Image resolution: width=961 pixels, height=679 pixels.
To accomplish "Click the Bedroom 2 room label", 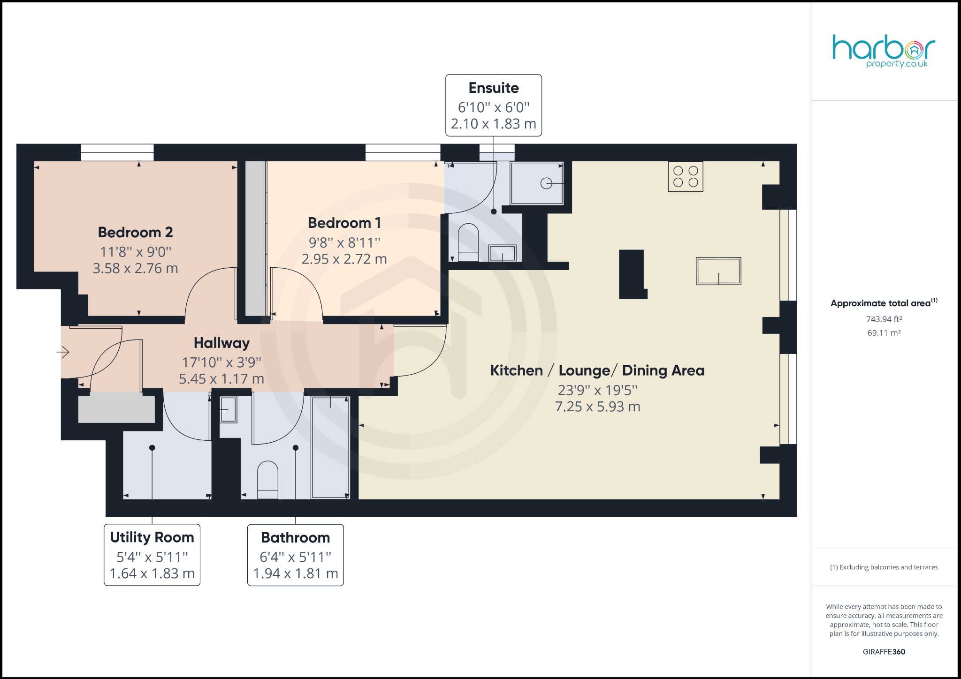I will click(x=135, y=233).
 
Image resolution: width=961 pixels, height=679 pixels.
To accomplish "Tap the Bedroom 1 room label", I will click(x=344, y=223).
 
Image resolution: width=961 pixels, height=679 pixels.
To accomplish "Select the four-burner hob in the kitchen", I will click(x=686, y=177).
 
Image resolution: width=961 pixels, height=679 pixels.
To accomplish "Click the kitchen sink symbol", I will click(x=718, y=271).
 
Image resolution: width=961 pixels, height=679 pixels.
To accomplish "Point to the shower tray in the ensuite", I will click(x=537, y=183).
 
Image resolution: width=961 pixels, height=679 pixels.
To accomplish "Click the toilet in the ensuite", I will click(x=468, y=242).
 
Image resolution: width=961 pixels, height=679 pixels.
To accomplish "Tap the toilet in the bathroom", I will click(x=268, y=480).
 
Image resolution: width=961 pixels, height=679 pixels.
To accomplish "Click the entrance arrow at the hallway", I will click(x=63, y=352).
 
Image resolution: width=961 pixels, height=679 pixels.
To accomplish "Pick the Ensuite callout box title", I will click(x=494, y=88).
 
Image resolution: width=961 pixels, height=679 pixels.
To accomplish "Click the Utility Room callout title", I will click(x=152, y=537).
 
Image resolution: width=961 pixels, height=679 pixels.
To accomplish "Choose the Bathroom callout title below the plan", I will click(x=296, y=537).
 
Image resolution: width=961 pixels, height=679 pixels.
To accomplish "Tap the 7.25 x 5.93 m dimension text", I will click(x=597, y=407).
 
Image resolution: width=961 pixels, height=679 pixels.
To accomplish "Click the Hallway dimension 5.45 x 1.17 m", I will click(x=221, y=379).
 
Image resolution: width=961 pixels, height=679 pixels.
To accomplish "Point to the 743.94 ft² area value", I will click(x=884, y=319).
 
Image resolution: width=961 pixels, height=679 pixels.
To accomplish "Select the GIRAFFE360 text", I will click(x=884, y=652).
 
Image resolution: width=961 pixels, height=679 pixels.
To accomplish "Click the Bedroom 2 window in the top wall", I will click(x=117, y=152).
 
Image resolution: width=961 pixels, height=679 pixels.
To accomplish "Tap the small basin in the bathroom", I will click(x=229, y=409).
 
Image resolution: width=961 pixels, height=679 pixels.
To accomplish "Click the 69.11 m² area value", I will click(x=884, y=333).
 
